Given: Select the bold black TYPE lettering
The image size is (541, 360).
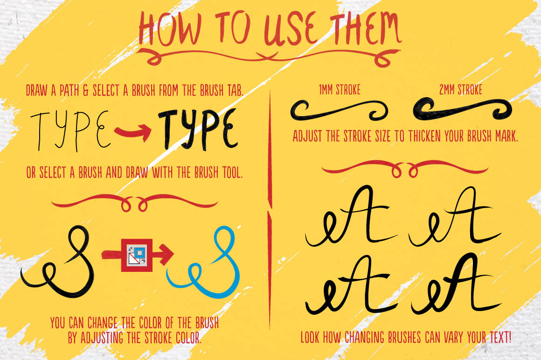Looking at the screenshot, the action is click(x=198, y=130).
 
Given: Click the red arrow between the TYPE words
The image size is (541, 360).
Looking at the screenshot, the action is click(x=133, y=132).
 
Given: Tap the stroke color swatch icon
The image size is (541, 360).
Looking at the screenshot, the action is click(x=137, y=255).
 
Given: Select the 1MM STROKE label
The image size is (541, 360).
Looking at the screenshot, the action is click(x=340, y=90).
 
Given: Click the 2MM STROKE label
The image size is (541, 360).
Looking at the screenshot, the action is click(x=461, y=90).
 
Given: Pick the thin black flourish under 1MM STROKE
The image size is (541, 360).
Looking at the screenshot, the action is click(x=338, y=111).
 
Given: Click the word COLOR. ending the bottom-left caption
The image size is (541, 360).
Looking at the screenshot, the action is click(x=188, y=338).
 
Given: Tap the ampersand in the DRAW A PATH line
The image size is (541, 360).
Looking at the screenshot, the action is click(x=86, y=90).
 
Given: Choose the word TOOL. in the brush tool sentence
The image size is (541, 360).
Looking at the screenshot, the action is click(x=232, y=172).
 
